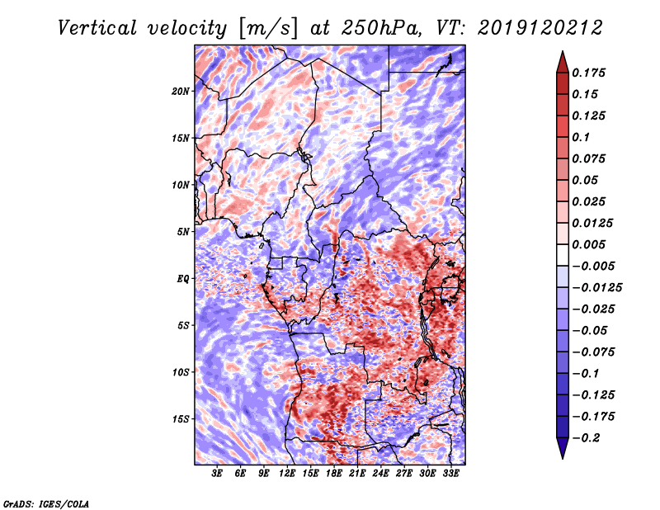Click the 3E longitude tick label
(x=218, y=475)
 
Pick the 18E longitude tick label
(x=335, y=475)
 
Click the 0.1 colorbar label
(x=582, y=137)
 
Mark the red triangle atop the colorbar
(x=562, y=60)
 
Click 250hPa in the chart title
(x=384, y=27)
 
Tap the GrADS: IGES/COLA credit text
(x=46, y=503)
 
